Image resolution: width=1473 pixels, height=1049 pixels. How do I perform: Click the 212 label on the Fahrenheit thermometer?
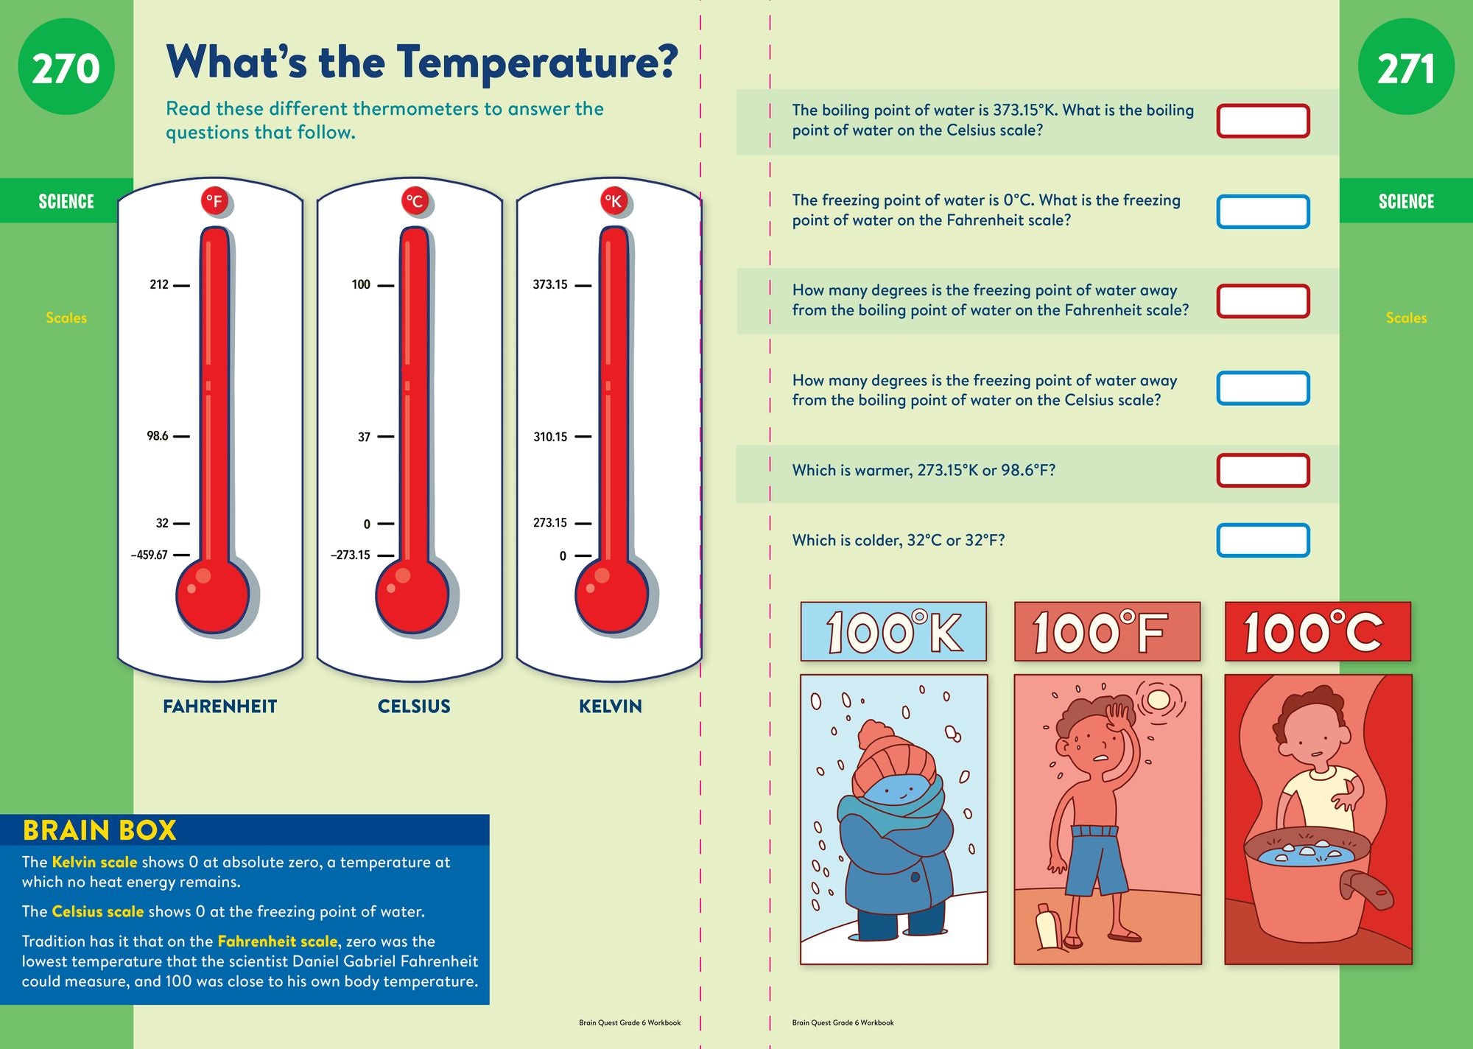tap(159, 284)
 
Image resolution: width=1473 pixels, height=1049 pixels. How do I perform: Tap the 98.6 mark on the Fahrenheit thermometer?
tap(158, 436)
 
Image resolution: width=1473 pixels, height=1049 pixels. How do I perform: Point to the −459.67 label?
tap(150, 555)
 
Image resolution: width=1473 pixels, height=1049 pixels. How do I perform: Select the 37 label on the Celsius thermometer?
tap(364, 437)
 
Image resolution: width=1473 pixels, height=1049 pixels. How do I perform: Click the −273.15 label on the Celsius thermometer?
tap(351, 555)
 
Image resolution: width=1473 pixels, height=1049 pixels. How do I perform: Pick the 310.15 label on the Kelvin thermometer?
tap(550, 437)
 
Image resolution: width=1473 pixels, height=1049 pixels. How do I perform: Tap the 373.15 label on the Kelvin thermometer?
tap(550, 284)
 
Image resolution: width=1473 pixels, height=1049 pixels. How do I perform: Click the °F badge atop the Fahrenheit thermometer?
tap(214, 201)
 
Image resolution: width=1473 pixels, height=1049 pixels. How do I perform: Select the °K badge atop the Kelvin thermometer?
tap(614, 201)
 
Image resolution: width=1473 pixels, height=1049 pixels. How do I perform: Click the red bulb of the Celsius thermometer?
tap(412, 596)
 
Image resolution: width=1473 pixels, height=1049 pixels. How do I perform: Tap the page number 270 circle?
tap(66, 67)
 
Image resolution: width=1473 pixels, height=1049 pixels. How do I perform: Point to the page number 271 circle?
tap(1406, 67)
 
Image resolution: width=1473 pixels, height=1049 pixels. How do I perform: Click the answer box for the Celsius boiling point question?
tap(1263, 121)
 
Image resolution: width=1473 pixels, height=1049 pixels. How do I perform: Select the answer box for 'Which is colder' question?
tap(1263, 540)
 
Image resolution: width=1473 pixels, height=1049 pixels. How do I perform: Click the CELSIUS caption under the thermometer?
tap(414, 706)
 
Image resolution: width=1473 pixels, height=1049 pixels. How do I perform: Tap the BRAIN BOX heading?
tap(99, 830)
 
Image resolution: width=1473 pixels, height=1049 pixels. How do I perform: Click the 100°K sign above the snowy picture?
tap(893, 631)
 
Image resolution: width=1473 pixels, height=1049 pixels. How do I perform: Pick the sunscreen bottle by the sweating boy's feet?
tap(1047, 927)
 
